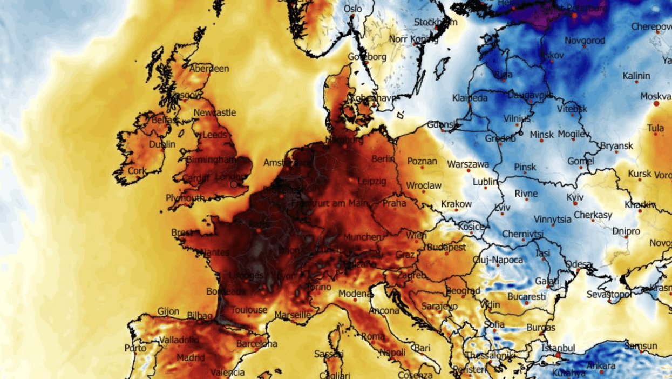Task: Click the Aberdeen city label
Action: (x=209, y=69)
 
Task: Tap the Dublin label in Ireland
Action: (x=162, y=144)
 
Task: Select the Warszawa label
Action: (x=468, y=164)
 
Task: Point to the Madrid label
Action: (x=191, y=358)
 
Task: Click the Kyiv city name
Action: (x=575, y=197)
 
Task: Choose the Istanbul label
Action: (x=558, y=349)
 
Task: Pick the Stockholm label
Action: (x=435, y=22)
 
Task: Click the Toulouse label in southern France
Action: (x=249, y=310)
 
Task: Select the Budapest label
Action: (x=446, y=247)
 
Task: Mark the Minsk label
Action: (x=541, y=135)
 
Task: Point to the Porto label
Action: (x=135, y=348)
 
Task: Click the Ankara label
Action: (x=601, y=366)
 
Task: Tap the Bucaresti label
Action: (x=526, y=297)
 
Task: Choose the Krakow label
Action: (x=456, y=204)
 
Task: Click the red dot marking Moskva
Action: (x=656, y=103)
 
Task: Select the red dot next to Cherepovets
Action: (x=659, y=33)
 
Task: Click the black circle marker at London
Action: (x=233, y=184)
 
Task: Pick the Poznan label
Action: (x=422, y=161)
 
